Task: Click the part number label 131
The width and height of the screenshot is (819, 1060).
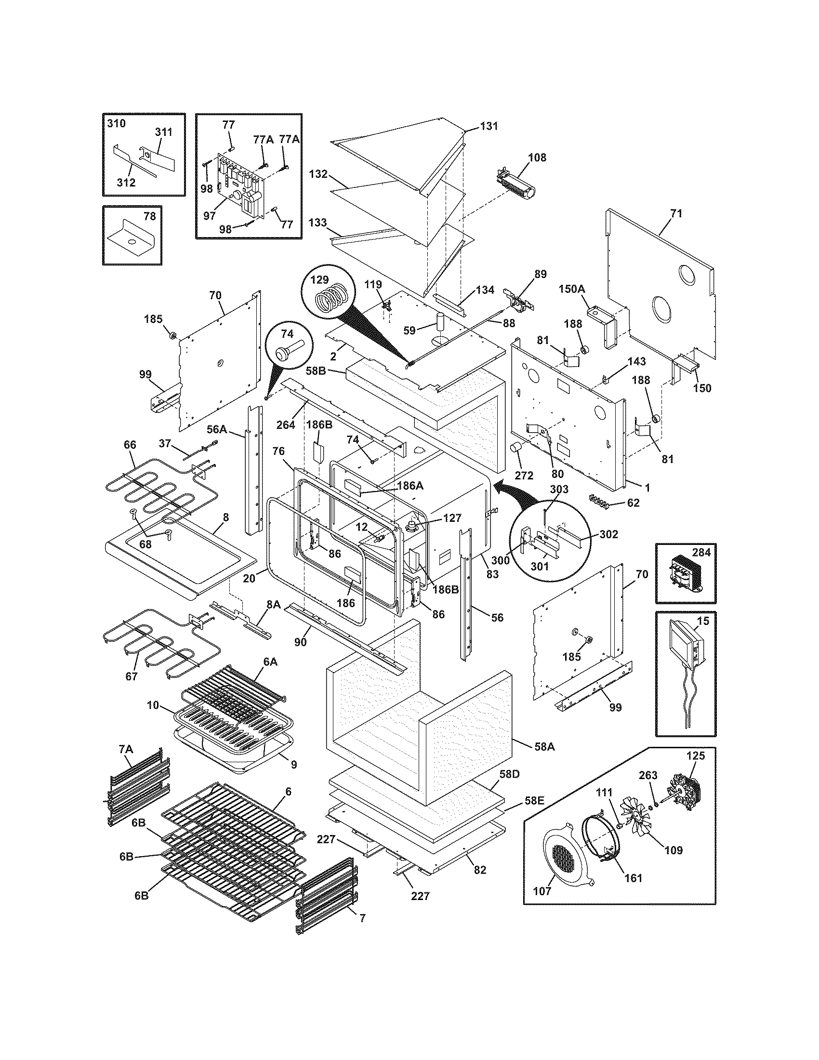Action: tap(489, 126)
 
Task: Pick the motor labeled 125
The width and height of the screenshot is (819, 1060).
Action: tap(687, 791)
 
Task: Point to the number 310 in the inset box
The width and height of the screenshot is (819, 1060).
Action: tap(116, 123)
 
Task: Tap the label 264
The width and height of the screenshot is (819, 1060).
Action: tap(286, 424)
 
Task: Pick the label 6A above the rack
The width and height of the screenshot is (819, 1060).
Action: tap(271, 662)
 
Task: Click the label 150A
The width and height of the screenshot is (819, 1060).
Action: tap(572, 289)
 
